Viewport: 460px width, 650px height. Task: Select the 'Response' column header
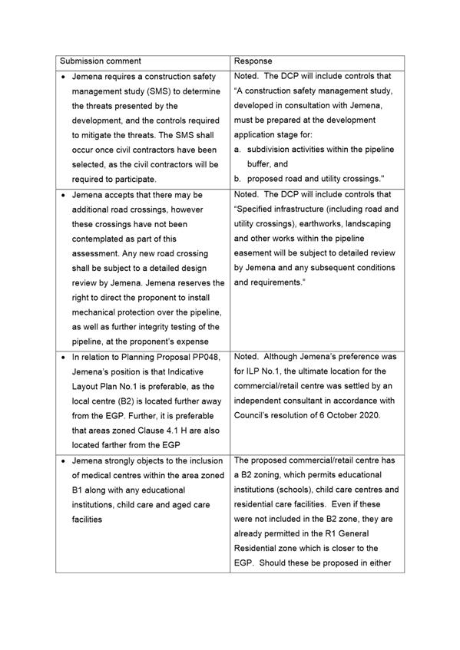click(253, 61)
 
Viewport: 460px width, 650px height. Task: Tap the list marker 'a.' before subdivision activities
click(238, 150)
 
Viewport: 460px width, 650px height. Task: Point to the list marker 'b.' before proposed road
click(238, 179)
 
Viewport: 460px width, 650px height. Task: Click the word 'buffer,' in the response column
click(262, 164)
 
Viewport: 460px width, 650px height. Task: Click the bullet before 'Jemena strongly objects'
click(62, 460)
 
